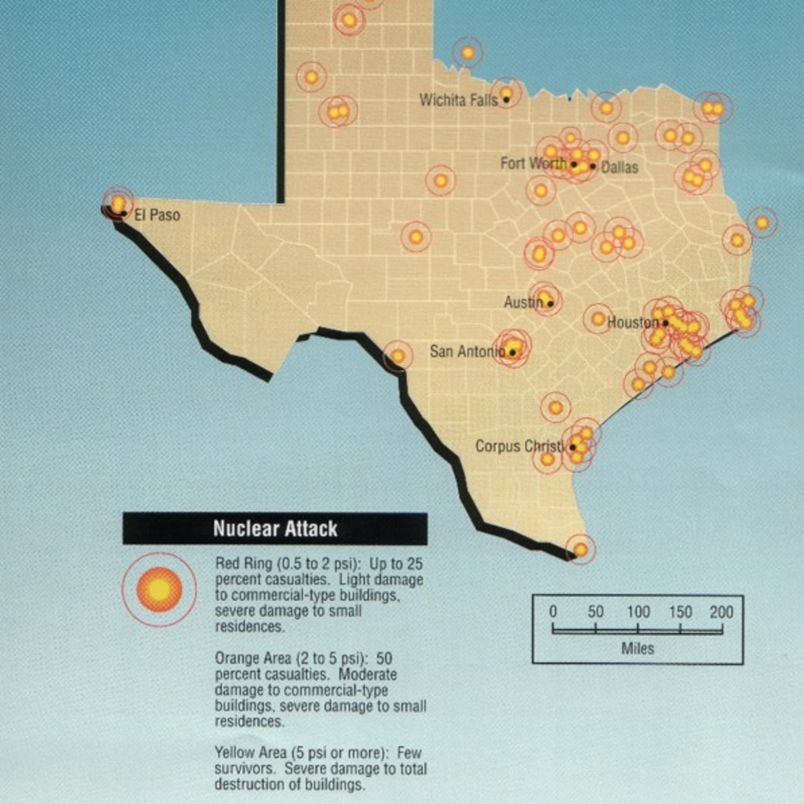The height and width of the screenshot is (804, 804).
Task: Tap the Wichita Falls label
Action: coord(458,100)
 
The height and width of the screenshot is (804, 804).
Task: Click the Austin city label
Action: coord(523,302)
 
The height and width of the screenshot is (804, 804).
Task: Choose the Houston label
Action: coord(633,322)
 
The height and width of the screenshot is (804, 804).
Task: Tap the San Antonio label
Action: coord(467,352)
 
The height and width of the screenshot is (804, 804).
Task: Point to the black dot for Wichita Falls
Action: coord(506,99)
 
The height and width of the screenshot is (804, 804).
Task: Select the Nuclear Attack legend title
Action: coord(275,528)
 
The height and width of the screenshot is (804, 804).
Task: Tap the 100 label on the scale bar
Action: coord(638,612)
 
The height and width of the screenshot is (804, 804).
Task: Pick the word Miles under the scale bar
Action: coord(638,648)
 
